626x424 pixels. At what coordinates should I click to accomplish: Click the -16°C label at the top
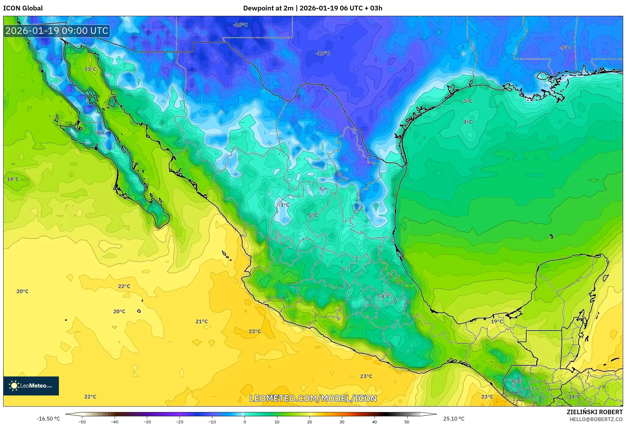(240, 25)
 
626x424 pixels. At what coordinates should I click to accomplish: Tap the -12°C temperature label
(322, 53)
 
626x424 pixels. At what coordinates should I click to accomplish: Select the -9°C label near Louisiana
(565, 48)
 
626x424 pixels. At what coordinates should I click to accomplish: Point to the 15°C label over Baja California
(90, 69)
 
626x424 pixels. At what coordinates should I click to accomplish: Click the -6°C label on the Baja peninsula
(100, 132)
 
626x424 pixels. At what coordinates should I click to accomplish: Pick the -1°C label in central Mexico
(284, 205)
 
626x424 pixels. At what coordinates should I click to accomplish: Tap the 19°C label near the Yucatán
(497, 321)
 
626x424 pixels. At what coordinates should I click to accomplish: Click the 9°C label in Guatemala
(516, 381)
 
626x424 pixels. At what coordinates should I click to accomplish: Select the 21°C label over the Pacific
(201, 321)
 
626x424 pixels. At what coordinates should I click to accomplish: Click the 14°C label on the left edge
(13, 179)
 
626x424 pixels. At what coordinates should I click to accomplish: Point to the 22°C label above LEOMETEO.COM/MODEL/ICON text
(90, 396)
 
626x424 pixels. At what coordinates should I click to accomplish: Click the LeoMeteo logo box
(31, 386)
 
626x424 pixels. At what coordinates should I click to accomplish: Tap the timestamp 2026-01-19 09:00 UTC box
(57, 31)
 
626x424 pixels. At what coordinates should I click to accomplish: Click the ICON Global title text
(23, 8)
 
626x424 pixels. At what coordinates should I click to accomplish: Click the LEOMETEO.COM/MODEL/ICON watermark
(313, 398)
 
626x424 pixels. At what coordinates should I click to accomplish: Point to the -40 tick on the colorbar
(115, 421)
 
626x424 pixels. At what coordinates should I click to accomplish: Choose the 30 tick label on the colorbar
(342, 421)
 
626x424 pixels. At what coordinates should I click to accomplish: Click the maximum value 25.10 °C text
(453, 419)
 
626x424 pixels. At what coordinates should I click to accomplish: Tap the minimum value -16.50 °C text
(48, 419)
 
